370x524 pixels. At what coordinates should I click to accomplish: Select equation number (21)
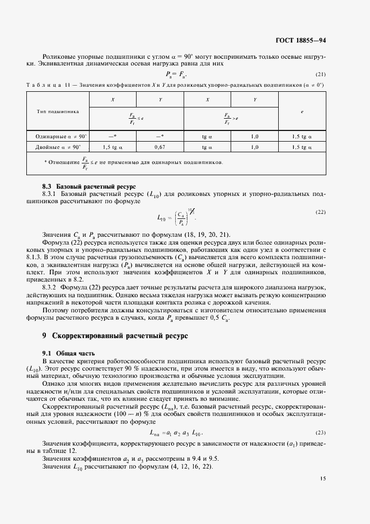click(x=321, y=74)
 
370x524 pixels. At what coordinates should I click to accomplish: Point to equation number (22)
click(x=321, y=212)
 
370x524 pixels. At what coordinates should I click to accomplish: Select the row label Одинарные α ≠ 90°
click(x=62, y=136)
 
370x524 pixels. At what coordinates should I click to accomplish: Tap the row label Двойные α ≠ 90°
click(x=62, y=147)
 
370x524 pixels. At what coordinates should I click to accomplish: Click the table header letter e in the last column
click(x=302, y=111)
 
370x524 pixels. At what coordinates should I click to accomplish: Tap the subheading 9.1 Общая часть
click(x=69, y=353)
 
